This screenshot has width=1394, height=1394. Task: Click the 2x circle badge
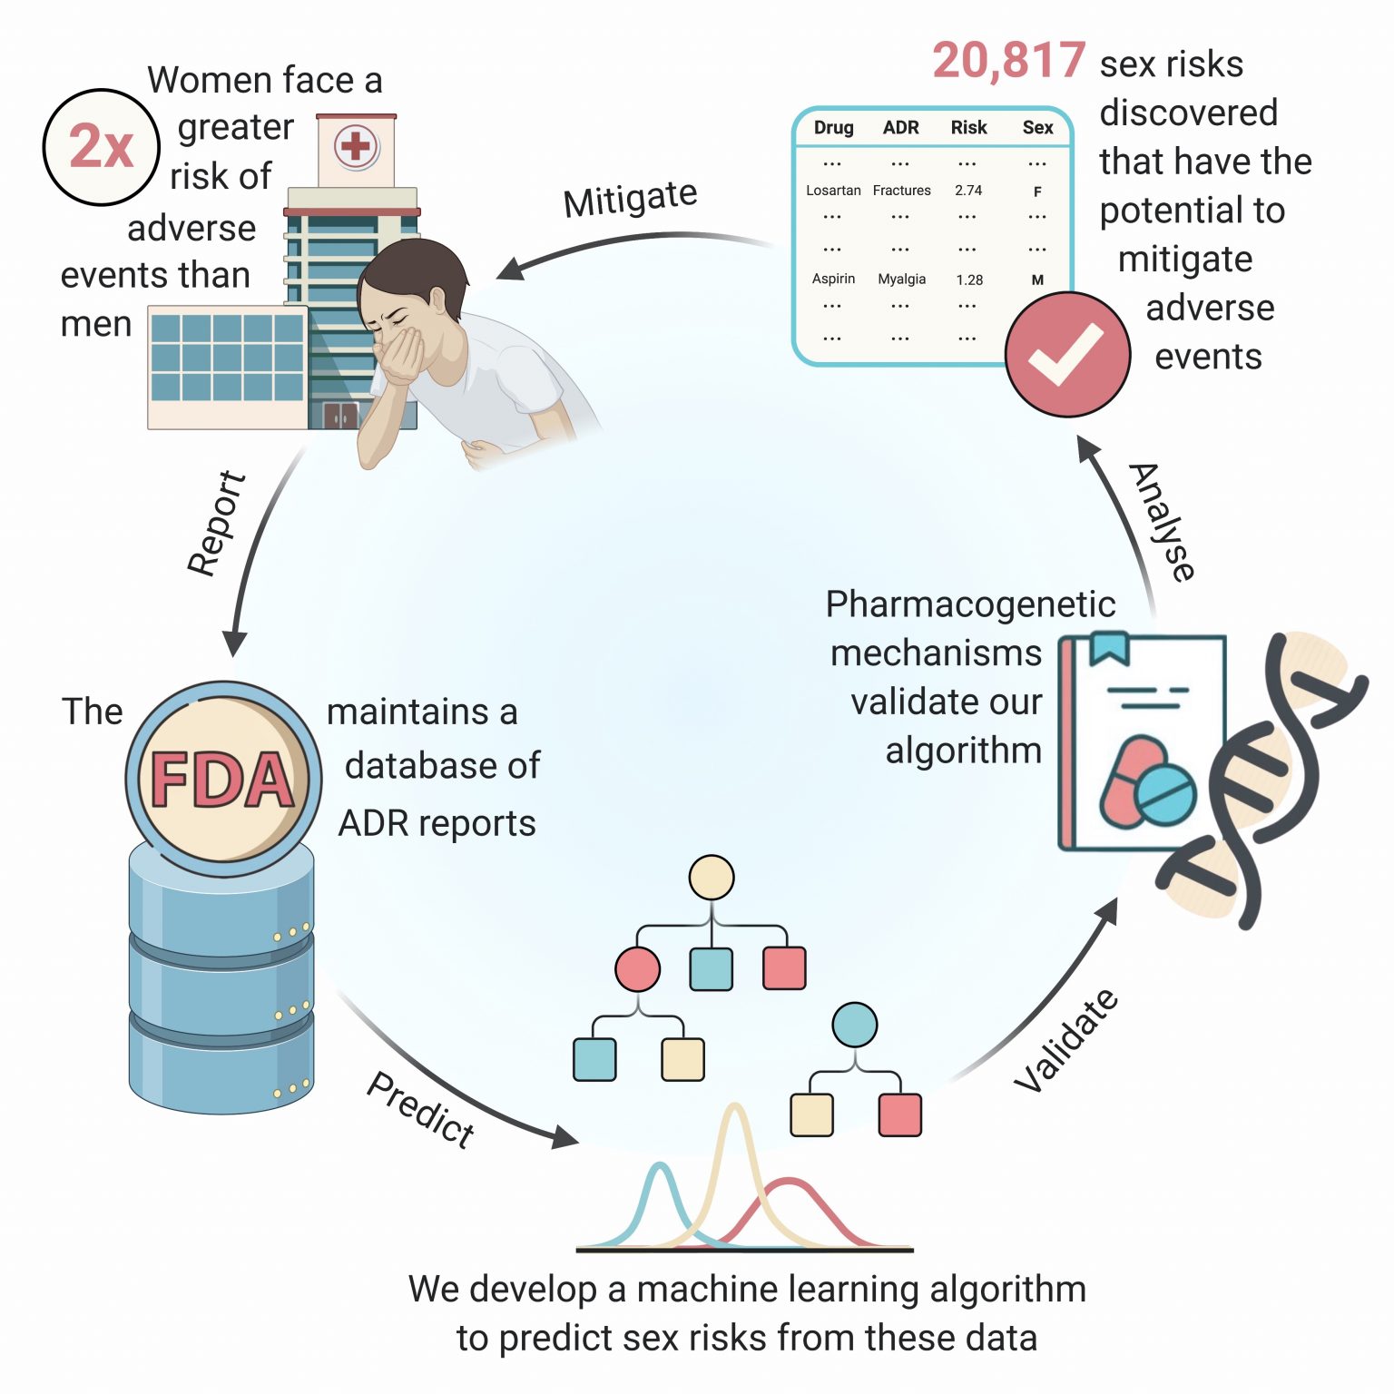tap(102, 147)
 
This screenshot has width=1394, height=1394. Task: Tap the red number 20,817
tap(1008, 61)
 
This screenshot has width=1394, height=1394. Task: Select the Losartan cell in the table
tap(833, 191)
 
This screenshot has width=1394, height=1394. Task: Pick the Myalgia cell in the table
tap(901, 280)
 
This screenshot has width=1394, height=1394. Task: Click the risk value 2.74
tap(968, 191)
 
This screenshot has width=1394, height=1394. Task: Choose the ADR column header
tap(900, 128)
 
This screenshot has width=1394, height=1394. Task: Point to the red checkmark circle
tap(1067, 355)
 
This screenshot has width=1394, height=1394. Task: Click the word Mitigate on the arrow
tap(630, 198)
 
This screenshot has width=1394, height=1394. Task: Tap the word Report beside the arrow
tap(216, 524)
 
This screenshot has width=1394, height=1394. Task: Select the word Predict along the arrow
tap(421, 1109)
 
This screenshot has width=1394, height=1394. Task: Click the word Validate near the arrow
tap(1066, 1040)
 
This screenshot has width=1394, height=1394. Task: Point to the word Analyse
tap(1163, 521)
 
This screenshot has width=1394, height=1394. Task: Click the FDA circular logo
tap(222, 780)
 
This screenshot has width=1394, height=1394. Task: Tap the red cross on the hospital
tap(355, 146)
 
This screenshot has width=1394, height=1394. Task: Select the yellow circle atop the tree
tap(712, 878)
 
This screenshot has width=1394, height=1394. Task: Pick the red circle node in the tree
tap(637, 968)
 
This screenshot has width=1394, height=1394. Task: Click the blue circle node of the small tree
tap(854, 1025)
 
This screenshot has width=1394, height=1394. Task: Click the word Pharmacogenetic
tap(970, 604)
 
